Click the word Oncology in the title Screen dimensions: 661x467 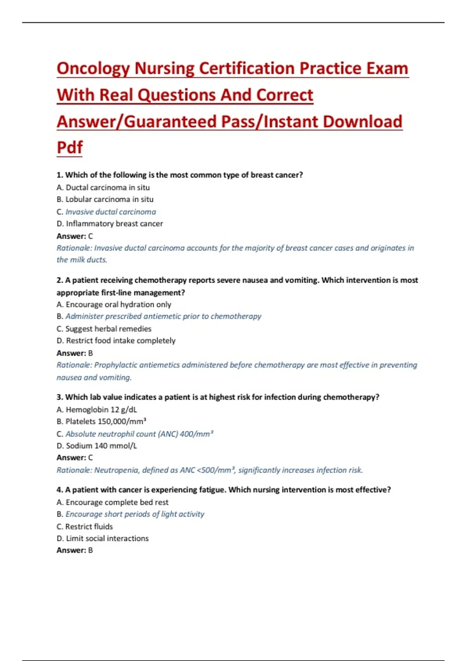pos(93,69)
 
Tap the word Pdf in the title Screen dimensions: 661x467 pos(70,148)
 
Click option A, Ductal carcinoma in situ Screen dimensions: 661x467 pos(104,187)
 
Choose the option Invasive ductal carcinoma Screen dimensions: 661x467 pos(111,212)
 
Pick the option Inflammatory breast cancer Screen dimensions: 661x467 pos(110,224)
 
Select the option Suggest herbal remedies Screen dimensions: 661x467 pos(104,329)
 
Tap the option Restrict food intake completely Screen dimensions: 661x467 pos(116,341)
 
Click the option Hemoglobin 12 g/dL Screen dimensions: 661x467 pos(97,409)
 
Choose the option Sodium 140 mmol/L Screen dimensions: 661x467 pos(97,446)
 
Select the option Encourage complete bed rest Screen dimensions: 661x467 pos(112,502)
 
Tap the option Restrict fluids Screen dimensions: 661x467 pos(85,527)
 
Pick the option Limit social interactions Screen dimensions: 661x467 pos(103,539)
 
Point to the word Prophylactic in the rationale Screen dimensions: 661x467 pos(116,365)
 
